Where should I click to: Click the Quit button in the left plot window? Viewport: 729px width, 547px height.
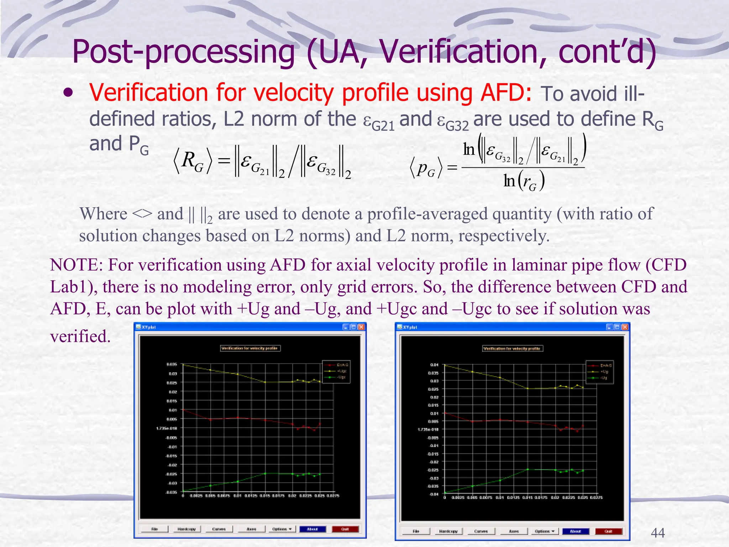(x=345, y=529)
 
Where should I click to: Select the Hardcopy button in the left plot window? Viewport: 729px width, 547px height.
(x=187, y=529)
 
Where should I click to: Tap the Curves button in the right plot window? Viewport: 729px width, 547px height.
(x=481, y=531)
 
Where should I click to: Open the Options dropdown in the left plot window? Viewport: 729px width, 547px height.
(x=282, y=529)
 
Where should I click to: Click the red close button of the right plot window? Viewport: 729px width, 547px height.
(x=625, y=327)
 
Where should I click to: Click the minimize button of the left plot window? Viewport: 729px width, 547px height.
(x=346, y=327)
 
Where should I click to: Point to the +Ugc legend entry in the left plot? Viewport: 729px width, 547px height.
(x=341, y=371)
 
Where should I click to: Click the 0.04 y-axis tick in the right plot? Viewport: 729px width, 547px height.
(x=434, y=365)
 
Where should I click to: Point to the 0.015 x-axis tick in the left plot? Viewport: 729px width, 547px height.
(x=264, y=496)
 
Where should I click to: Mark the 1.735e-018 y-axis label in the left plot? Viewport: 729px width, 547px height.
(x=167, y=428)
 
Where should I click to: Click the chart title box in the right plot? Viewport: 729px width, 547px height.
(x=513, y=348)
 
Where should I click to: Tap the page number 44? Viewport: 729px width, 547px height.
(x=657, y=533)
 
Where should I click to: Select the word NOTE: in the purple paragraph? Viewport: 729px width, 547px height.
(x=76, y=265)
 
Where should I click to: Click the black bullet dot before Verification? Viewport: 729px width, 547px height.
(x=68, y=93)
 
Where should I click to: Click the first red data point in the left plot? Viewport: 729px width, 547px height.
(x=183, y=410)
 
